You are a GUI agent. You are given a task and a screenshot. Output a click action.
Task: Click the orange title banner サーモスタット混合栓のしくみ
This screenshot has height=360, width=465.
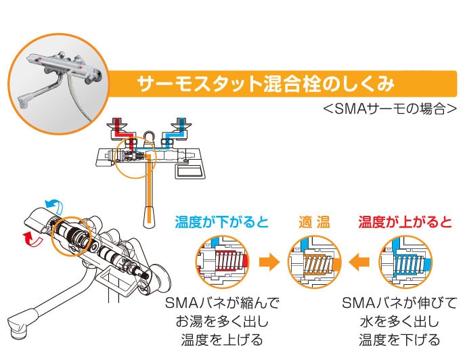pos(265,85)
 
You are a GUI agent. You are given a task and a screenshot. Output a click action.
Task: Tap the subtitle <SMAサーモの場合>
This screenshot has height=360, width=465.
pos(390,108)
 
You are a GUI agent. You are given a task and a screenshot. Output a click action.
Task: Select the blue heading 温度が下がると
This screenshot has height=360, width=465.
pos(221,222)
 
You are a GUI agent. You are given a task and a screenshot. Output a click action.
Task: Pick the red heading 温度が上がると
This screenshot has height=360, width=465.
pos(405,222)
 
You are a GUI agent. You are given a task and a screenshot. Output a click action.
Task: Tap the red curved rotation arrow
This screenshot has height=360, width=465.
pos(29,237)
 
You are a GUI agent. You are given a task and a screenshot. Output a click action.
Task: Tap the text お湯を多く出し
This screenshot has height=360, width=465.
pos(221,320)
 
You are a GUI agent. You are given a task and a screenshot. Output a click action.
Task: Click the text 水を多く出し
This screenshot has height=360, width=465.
pos(399,320)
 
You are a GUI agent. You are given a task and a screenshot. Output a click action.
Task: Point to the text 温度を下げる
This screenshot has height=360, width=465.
pos(399,339)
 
